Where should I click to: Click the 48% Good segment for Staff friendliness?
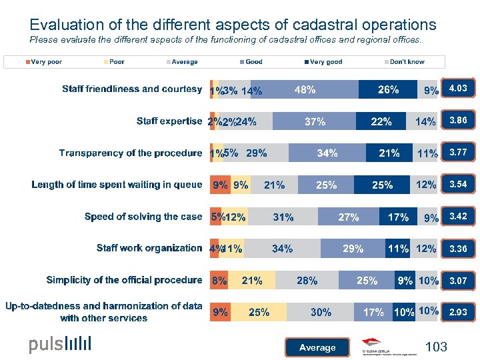pos(305,89)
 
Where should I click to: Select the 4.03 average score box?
pos(457,89)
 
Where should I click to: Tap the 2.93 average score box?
pos(457,312)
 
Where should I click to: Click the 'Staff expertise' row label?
pos(169,121)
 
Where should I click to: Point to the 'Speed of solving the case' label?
pos(143,217)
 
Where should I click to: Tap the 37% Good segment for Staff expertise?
pos(315,121)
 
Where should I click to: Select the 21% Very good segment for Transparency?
pos(389,153)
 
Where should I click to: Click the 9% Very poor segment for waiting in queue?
pos(220,185)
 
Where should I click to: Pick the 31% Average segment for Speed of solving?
pos(283,217)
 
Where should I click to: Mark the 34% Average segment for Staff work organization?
pos(282,249)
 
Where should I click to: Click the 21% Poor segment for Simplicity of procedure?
pos(252,281)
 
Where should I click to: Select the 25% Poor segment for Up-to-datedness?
pos(259,312)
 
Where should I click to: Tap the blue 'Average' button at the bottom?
pos(317,347)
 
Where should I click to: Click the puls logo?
pos(60,345)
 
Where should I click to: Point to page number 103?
pos(435,347)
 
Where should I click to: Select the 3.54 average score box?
pos(457,185)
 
